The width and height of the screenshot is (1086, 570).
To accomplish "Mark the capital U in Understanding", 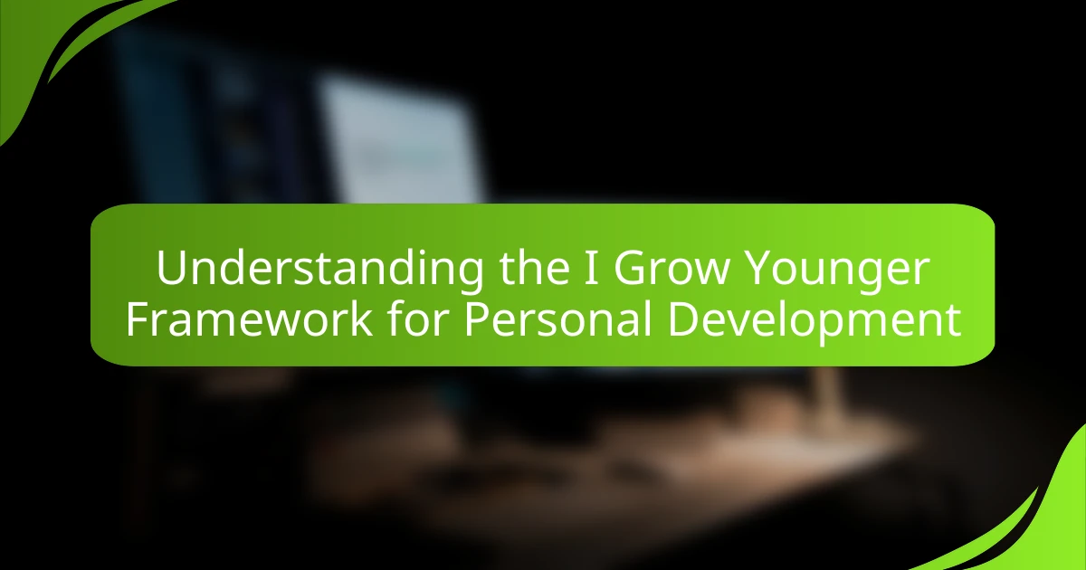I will click(172, 270).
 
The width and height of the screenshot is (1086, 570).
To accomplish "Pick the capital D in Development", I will click(684, 321).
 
